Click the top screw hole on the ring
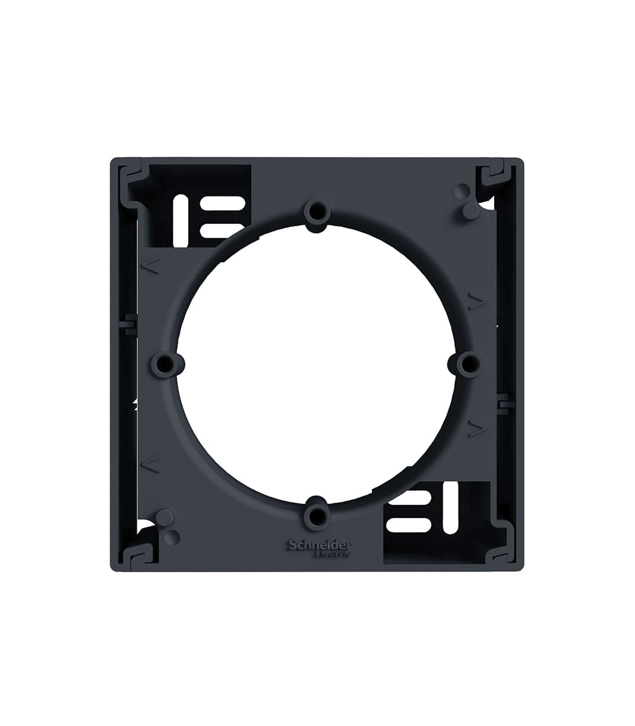point(317,212)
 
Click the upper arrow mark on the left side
point(151,266)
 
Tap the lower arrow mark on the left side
point(151,465)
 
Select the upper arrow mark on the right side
point(478,302)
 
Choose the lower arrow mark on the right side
point(478,429)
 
